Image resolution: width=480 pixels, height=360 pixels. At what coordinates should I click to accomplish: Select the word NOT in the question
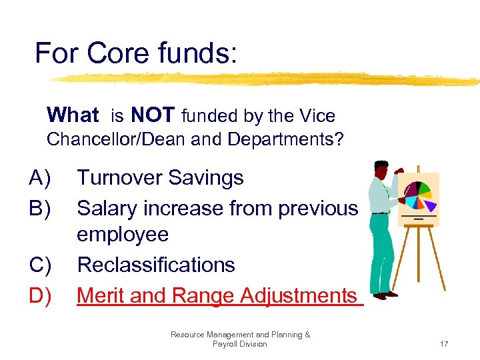[153, 115]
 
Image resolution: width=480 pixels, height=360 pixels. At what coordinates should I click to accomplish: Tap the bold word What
[73, 115]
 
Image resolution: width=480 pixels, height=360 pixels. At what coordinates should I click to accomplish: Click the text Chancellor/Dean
[113, 141]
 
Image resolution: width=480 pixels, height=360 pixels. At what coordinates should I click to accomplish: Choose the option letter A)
[40, 178]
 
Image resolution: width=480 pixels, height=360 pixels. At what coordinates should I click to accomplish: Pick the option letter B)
[40, 208]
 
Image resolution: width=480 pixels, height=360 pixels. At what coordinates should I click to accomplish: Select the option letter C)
[41, 265]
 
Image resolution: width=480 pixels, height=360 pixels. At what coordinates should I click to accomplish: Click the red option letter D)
[41, 295]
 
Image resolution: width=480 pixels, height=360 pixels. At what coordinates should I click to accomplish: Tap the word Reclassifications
[156, 265]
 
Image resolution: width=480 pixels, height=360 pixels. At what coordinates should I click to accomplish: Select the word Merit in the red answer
[101, 295]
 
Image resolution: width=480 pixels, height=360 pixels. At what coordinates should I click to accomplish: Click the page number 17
[444, 344]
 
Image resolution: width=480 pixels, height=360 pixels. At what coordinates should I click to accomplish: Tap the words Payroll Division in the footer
[239, 344]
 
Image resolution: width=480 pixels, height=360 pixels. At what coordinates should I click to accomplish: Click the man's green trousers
[380, 253]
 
